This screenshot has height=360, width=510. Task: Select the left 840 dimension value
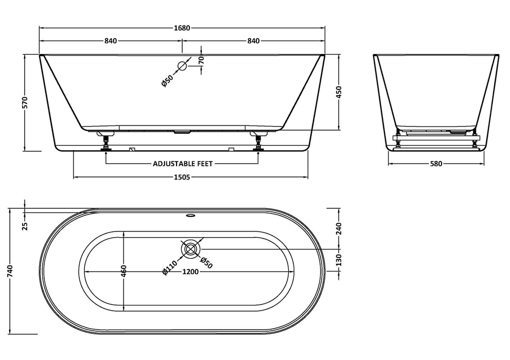click(111, 41)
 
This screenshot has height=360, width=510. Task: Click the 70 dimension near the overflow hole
click(201, 59)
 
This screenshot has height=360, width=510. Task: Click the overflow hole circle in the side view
click(182, 66)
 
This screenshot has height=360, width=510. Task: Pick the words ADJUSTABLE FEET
click(183, 164)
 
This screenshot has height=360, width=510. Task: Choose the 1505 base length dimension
click(182, 177)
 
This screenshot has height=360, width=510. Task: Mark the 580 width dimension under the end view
click(435, 164)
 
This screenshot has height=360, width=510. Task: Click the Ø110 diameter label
click(169, 268)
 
